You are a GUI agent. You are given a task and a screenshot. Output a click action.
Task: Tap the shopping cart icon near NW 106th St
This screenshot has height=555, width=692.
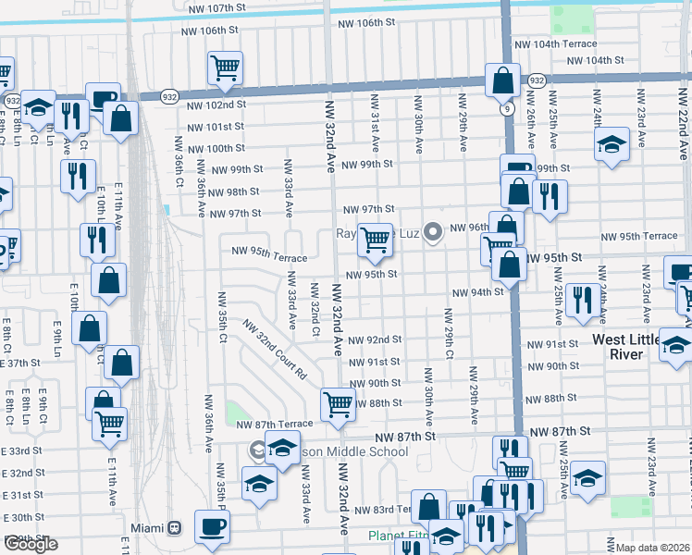(x=225, y=68)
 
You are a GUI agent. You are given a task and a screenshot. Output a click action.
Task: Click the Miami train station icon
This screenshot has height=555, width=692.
(x=174, y=528)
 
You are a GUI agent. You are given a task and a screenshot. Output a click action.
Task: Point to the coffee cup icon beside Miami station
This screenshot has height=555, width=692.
(x=212, y=527)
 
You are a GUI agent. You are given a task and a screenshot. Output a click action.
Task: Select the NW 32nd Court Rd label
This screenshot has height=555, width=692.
(x=275, y=351)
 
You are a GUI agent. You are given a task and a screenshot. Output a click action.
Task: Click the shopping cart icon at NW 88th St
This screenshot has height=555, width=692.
(x=338, y=404)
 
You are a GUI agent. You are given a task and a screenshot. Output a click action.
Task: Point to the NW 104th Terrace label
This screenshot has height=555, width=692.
(x=556, y=43)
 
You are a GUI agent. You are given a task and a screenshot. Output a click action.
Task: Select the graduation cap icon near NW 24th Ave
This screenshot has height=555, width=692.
(x=612, y=144)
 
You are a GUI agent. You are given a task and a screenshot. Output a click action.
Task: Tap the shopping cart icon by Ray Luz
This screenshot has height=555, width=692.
(x=375, y=240)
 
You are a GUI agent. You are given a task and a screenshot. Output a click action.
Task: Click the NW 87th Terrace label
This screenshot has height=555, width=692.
(x=274, y=424)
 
